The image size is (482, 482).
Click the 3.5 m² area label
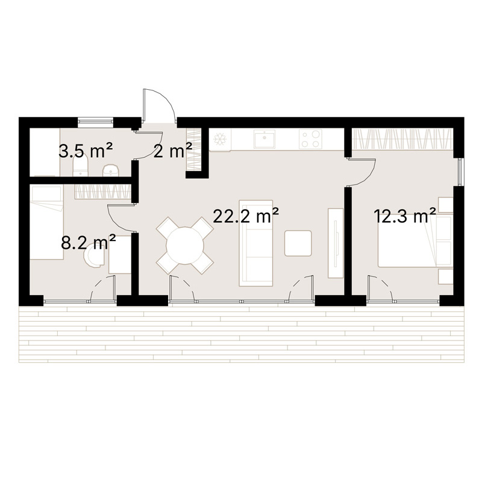(85, 151)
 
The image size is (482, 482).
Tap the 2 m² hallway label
(172, 151)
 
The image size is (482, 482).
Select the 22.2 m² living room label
(246, 216)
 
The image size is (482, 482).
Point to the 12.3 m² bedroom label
(405, 216)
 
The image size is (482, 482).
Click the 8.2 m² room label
(89, 242)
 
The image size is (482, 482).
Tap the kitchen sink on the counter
(264, 139)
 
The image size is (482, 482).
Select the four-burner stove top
(310, 139)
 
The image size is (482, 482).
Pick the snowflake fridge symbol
(220, 139)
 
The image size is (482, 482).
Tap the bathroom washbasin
(110, 171)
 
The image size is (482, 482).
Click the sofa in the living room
(255, 243)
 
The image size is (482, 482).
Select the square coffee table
(298, 243)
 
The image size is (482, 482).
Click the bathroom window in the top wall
(95, 122)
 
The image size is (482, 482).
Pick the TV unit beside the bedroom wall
(336, 243)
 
